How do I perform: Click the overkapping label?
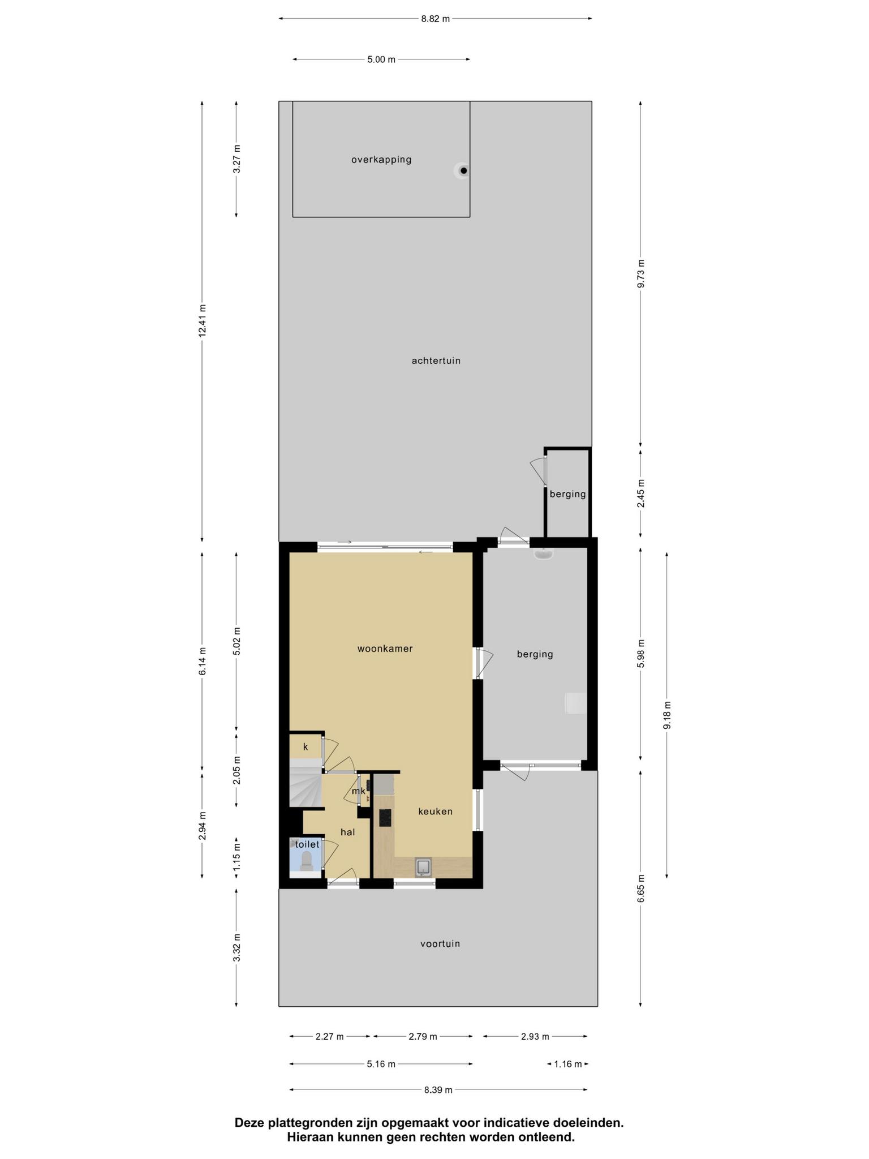tap(381, 160)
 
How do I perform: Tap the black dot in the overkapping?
tap(464, 170)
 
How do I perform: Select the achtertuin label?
tap(436, 360)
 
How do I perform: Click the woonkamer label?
tap(385, 649)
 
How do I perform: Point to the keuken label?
tap(436, 812)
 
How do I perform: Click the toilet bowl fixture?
tap(307, 860)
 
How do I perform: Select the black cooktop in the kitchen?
tap(385, 818)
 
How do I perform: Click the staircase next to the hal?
tap(306, 783)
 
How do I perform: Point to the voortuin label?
tap(440, 943)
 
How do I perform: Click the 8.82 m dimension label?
tap(436, 19)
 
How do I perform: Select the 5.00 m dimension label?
tap(381, 59)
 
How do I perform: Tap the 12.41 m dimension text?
tap(203, 321)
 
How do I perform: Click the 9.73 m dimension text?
tap(641, 273)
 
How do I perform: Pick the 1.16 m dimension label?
tap(568, 1064)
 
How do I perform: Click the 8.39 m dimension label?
tap(438, 1090)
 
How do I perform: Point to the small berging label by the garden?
tap(568, 494)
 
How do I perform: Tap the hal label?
tap(348, 832)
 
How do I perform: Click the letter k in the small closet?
tap(306, 747)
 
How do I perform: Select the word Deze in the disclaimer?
tap(251, 1122)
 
